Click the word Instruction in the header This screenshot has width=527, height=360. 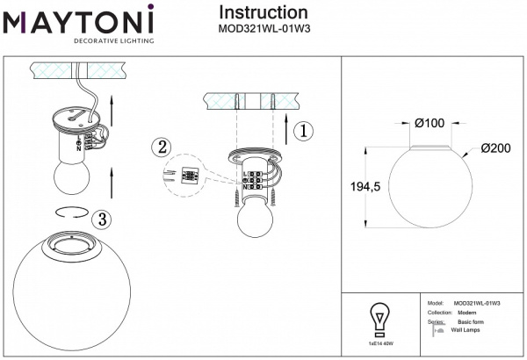click(x=263, y=12)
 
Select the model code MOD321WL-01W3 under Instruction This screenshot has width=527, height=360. click(x=263, y=28)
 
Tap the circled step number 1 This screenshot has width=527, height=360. click(x=301, y=132)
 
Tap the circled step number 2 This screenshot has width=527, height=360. click(x=159, y=148)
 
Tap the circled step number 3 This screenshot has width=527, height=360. click(x=103, y=218)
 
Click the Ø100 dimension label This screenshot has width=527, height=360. click(x=429, y=122)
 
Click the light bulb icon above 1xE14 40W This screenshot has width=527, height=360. click(x=379, y=318)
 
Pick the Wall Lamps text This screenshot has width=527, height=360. click(x=466, y=331)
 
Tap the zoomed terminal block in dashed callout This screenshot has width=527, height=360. click(x=186, y=176)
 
